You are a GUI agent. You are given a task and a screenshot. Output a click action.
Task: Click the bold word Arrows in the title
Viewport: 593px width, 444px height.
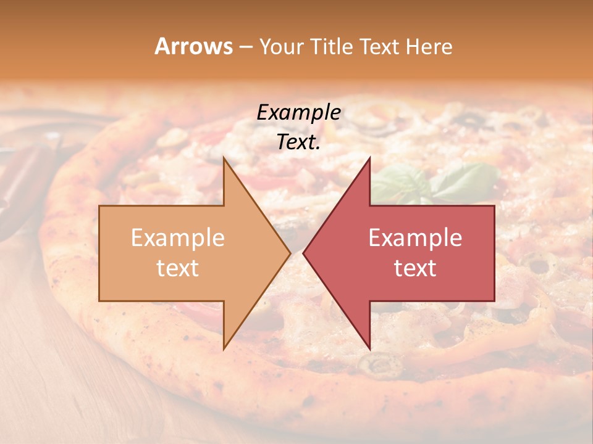[194, 46]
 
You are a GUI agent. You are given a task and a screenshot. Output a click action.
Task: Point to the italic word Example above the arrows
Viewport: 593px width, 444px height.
[298, 113]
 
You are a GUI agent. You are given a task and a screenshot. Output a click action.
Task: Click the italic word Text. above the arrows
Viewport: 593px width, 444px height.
[298, 142]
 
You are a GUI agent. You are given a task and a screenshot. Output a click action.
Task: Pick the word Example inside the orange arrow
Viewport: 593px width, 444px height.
[178, 238]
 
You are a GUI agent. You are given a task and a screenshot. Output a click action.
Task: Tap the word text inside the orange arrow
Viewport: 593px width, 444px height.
[178, 268]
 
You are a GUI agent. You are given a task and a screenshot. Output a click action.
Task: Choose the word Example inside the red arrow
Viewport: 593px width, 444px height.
[415, 238]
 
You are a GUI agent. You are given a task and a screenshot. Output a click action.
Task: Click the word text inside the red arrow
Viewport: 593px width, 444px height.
[415, 268]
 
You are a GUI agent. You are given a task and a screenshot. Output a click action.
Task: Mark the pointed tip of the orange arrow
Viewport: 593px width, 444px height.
[290, 253]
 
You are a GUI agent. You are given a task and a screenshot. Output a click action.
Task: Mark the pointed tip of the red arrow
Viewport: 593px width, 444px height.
[304, 253]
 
